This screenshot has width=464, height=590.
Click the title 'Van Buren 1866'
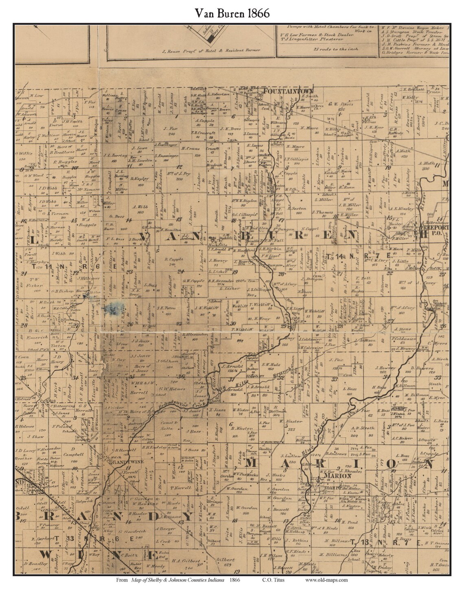[232, 13]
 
